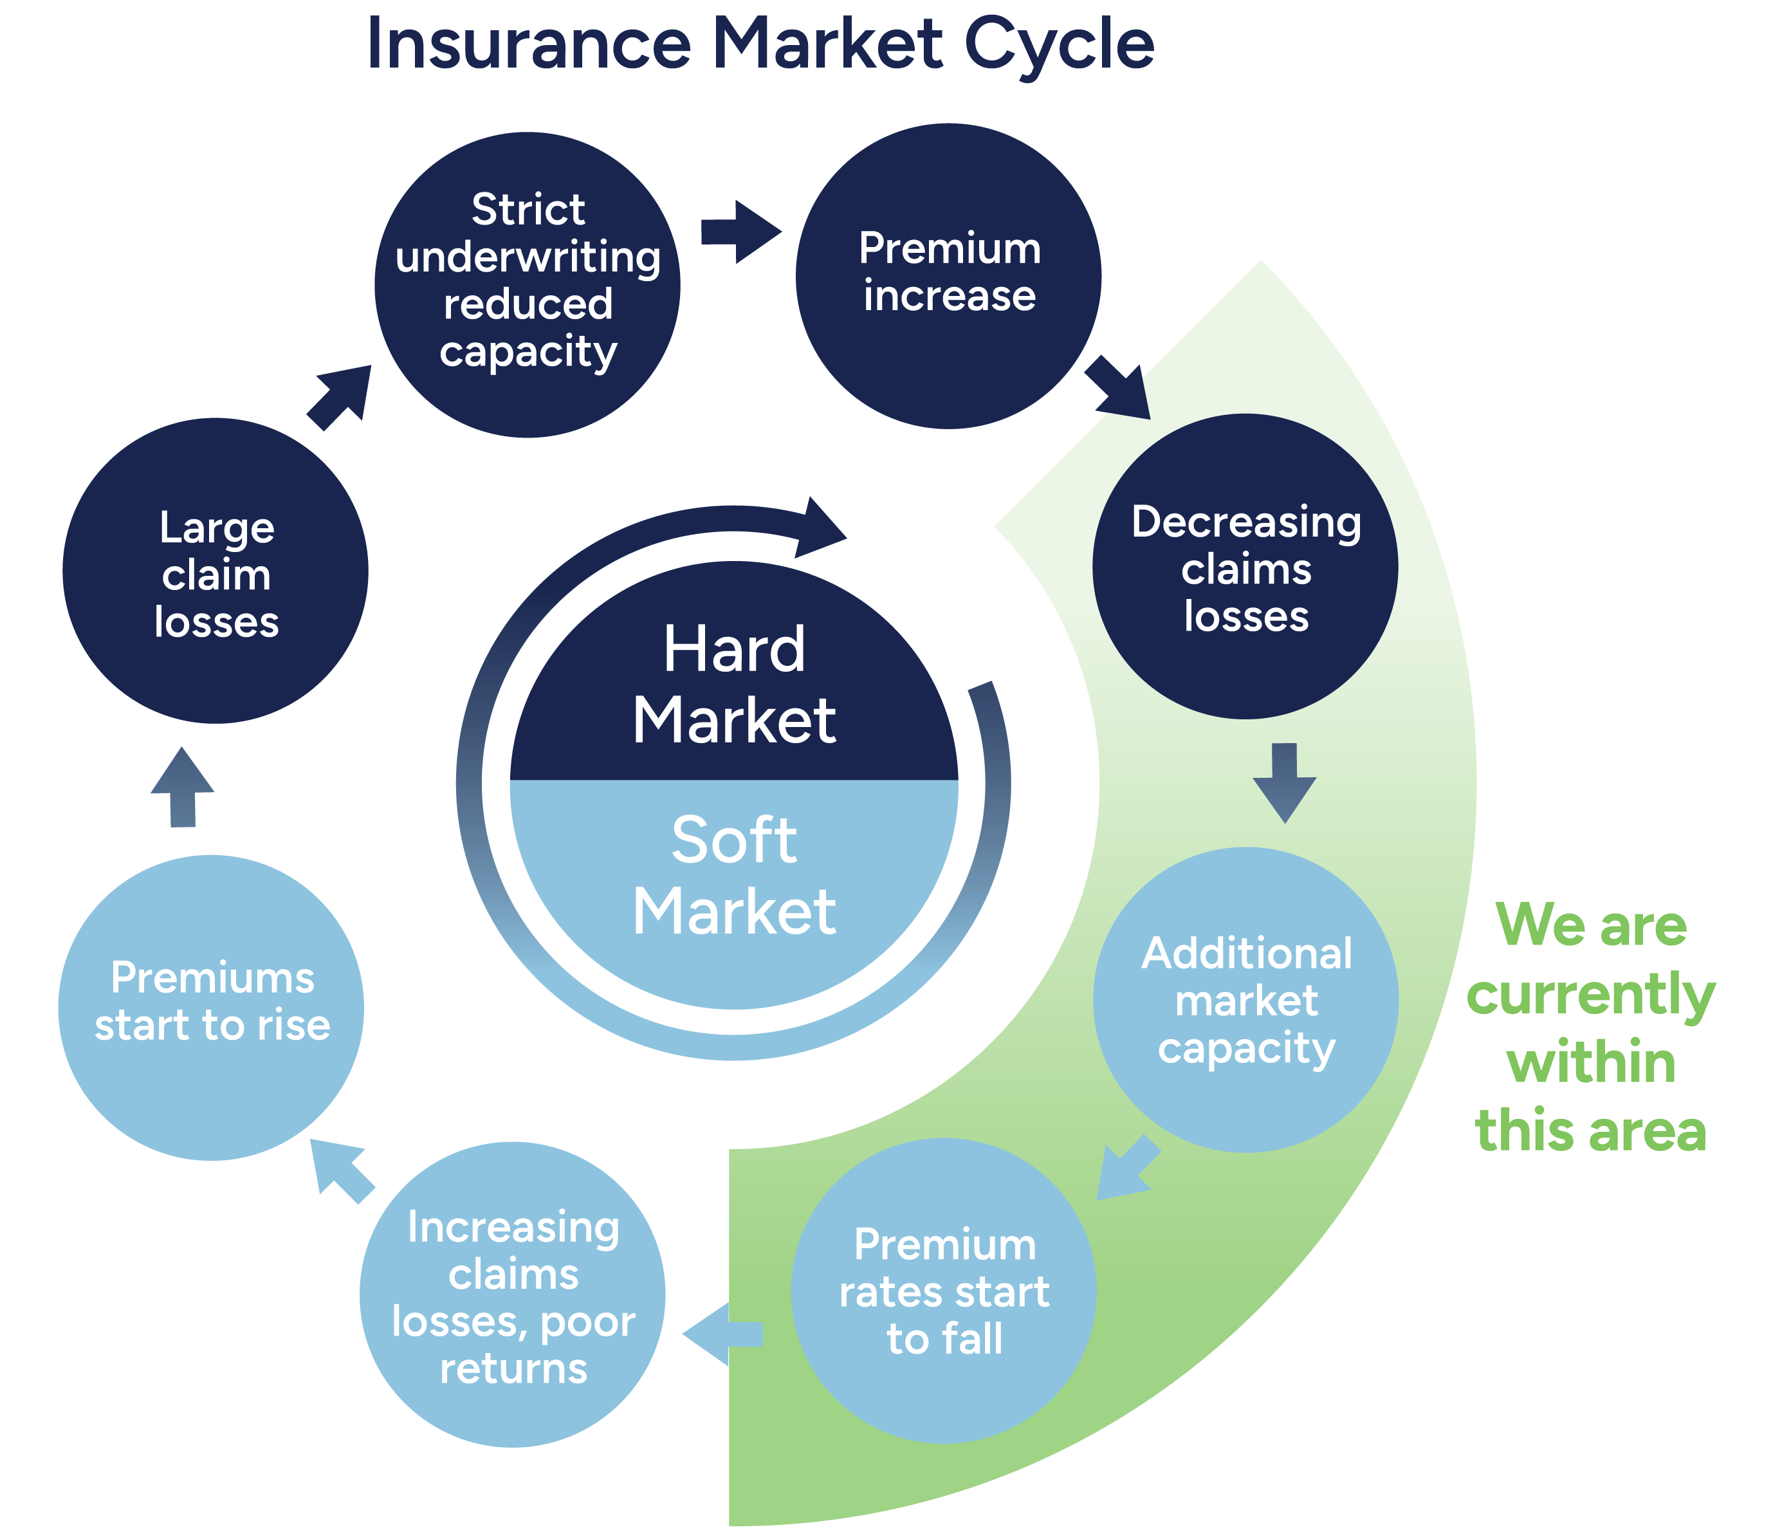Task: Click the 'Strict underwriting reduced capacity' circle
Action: point(528,284)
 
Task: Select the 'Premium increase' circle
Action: point(948,276)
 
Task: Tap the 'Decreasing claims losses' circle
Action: point(1245,566)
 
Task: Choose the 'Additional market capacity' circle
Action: point(1245,999)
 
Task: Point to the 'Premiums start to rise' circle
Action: point(211,1007)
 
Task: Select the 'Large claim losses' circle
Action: point(216,571)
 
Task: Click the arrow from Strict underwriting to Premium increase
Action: point(739,232)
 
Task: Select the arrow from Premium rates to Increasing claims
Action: point(722,1334)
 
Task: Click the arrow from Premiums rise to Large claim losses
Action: point(183,788)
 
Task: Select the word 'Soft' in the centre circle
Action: point(734,840)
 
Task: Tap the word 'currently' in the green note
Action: point(1590,994)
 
